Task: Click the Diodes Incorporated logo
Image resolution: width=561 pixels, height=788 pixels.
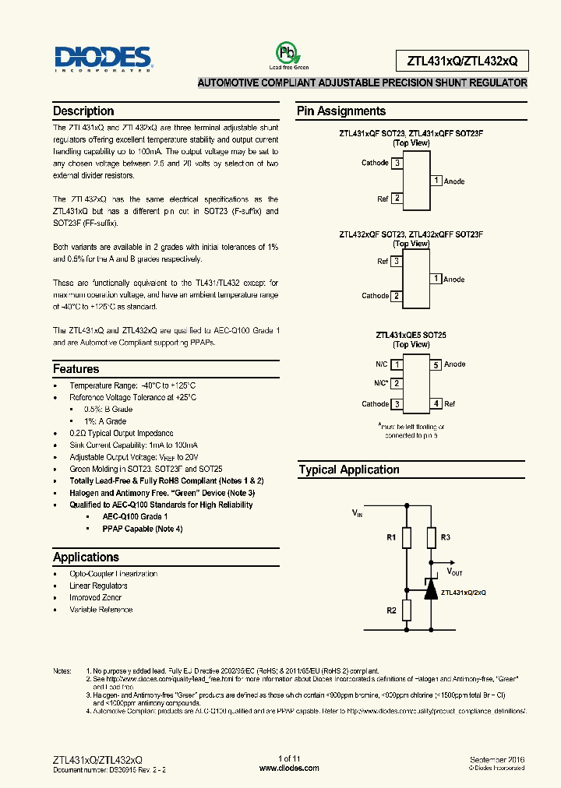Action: (x=102, y=58)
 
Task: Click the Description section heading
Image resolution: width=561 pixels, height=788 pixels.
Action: (x=83, y=111)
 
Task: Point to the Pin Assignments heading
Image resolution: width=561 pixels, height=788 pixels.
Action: (x=340, y=111)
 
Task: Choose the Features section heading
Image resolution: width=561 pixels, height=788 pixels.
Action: (x=76, y=369)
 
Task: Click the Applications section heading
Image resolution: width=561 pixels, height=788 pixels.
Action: (x=86, y=557)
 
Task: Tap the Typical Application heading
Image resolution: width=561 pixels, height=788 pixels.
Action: (x=348, y=470)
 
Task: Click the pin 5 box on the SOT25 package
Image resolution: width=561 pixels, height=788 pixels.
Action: (x=437, y=364)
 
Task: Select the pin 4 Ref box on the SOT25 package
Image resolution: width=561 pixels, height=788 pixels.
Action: (x=437, y=404)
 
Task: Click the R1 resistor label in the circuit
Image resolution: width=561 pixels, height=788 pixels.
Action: (x=392, y=537)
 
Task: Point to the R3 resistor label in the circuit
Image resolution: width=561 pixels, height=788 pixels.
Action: (x=445, y=537)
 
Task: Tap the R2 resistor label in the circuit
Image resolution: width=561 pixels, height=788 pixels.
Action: (x=392, y=610)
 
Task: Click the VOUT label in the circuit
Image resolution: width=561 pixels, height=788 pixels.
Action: (x=454, y=572)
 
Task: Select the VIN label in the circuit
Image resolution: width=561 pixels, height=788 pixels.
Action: (x=358, y=513)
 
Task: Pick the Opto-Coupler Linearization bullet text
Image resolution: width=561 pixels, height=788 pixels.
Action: (x=113, y=574)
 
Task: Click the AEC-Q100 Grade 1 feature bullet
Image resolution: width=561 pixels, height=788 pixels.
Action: (x=135, y=517)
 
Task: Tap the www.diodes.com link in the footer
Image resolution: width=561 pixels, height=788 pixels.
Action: (x=288, y=768)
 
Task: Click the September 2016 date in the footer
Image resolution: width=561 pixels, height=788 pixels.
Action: (x=497, y=758)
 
